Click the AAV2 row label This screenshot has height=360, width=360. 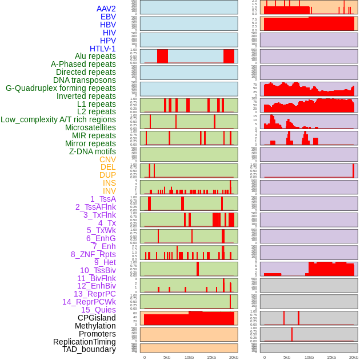(x=106, y=9)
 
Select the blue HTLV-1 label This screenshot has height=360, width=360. (x=102, y=49)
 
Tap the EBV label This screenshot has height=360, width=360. (x=107, y=17)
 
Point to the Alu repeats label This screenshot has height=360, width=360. (x=95, y=56)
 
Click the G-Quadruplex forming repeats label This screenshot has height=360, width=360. (x=61, y=88)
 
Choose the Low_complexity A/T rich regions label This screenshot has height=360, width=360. (x=58, y=119)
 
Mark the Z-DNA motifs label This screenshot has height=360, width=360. (x=92, y=151)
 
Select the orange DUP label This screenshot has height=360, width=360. (x=107, y=175)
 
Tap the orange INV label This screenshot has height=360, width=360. (x=109, y=191)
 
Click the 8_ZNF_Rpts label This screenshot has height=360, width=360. (x=93, y=254)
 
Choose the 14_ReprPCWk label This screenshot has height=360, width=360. (x=89, y=302)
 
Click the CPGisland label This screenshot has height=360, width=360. (x=97, y=318)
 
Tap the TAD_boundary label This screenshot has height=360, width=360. (x=89, y=349)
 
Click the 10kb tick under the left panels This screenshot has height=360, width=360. (x=189, y=357)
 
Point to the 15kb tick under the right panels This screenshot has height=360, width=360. (x=331, y=357)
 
